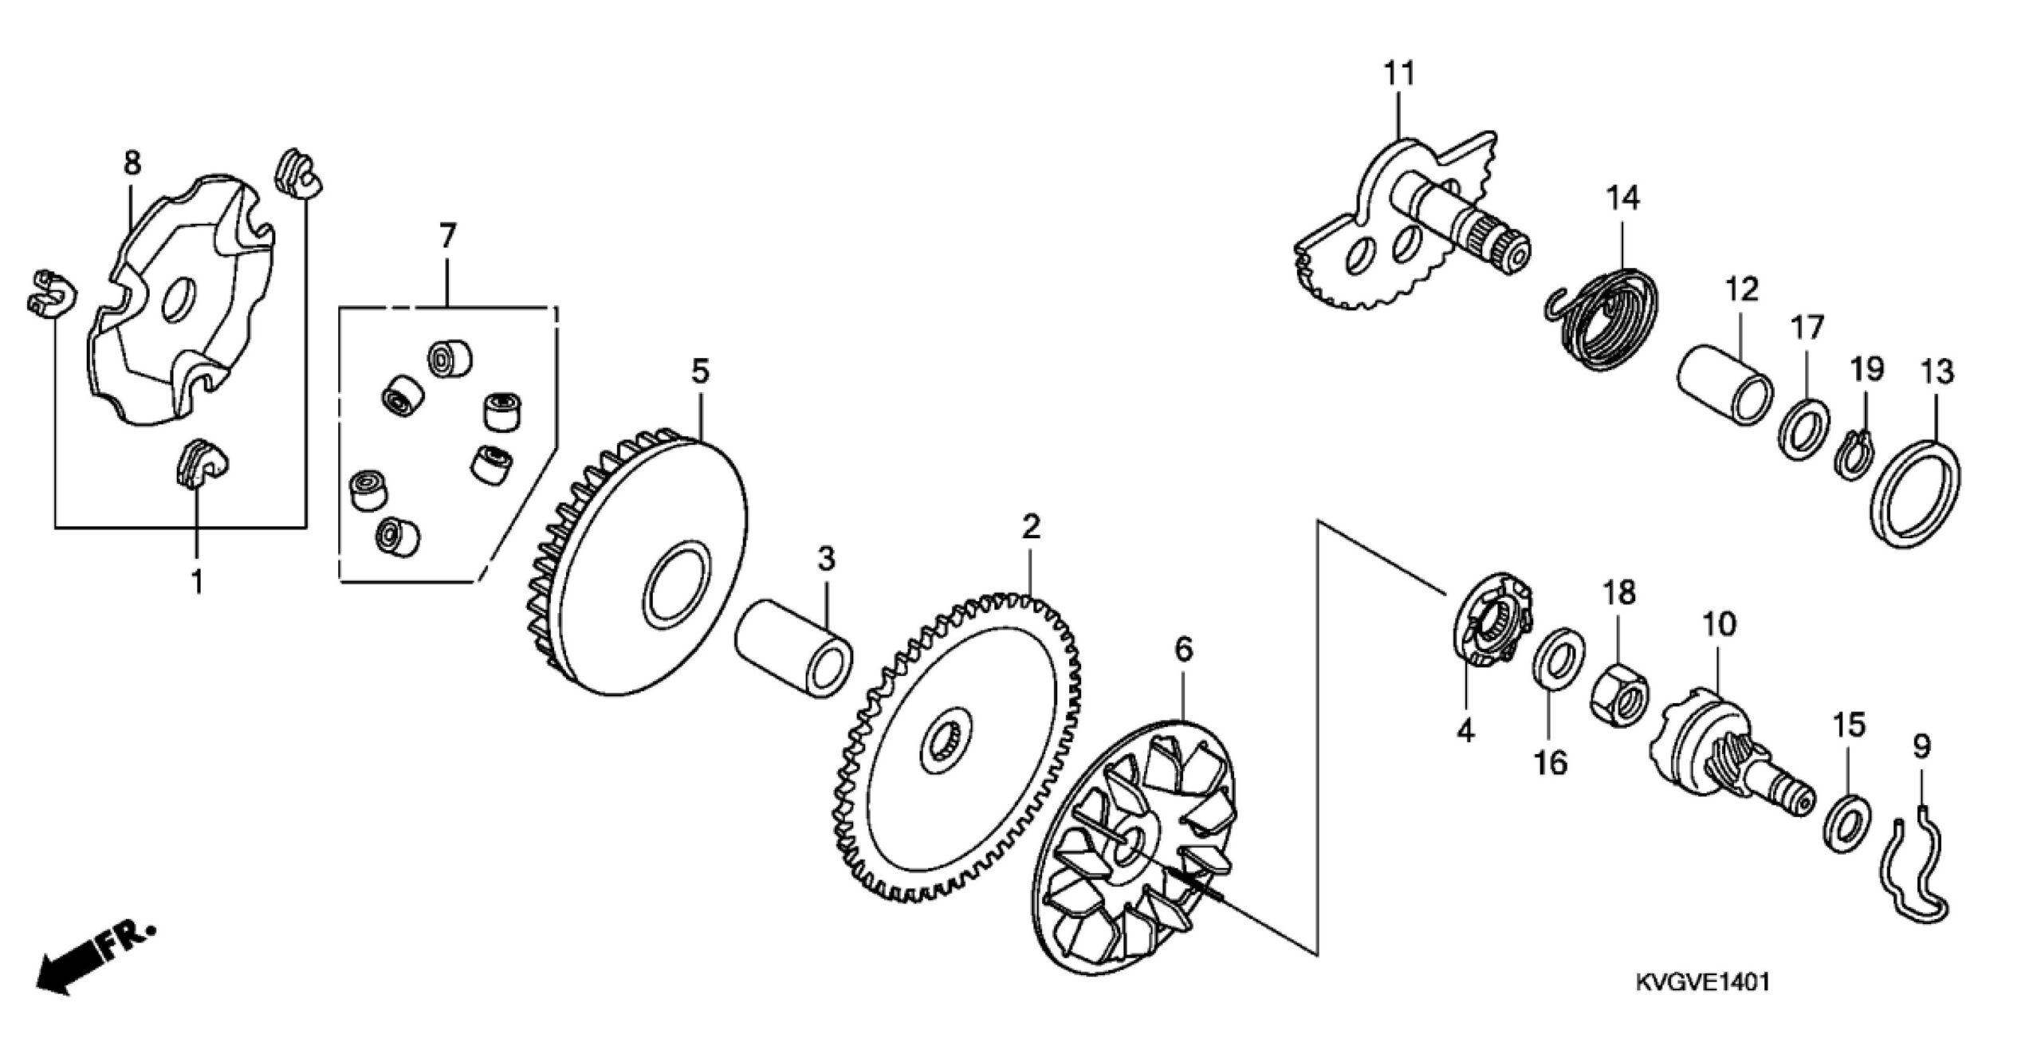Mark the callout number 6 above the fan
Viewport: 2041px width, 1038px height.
coord(1184,650)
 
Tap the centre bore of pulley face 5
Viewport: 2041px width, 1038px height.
coord(677,585)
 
